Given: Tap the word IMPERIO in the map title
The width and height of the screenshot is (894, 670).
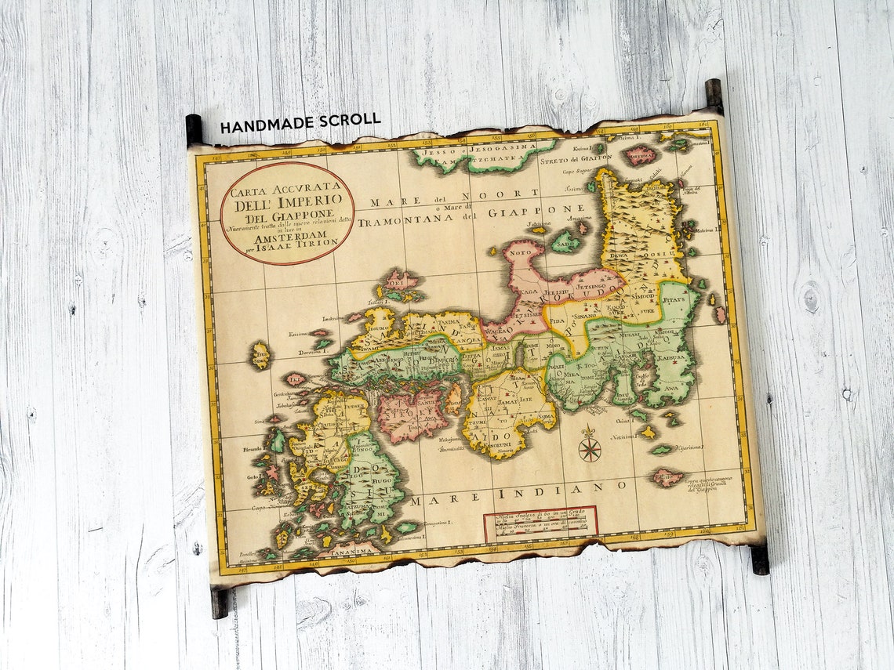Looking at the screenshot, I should pyautogui.click(x=311, y=201).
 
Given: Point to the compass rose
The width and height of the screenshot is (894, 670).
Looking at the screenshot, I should pyautogui.click(x=589, y=448).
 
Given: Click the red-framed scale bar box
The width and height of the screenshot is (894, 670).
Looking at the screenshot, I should pyautogui.click(x=540, y=523).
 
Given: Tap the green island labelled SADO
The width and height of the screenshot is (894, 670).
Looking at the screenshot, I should pyautogui.click(x=565, y=242).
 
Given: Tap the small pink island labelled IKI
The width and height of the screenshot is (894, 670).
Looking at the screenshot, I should pyautogui.click(x=296, y=379).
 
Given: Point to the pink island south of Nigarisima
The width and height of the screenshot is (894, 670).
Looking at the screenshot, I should pyautogui.click(x=666, y=476).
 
